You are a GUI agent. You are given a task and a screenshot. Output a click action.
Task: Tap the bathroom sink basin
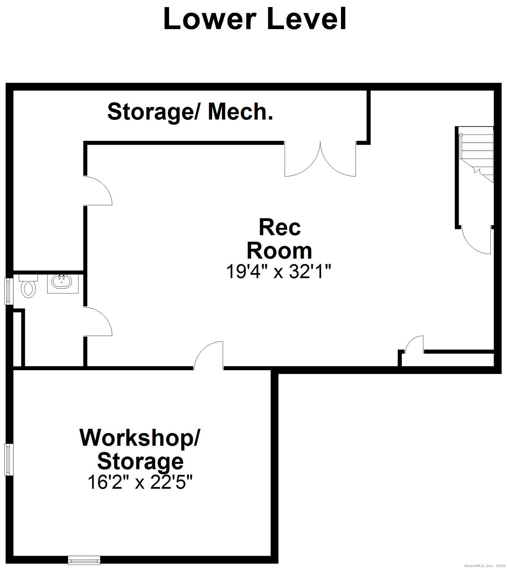[x=61, y=282]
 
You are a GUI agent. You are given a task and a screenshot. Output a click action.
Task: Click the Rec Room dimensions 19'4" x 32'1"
[x=278, y=272]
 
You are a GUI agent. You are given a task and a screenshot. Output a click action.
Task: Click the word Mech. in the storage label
[x=240, y=112]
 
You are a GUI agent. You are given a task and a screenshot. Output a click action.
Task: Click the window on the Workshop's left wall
[x=9, y=460]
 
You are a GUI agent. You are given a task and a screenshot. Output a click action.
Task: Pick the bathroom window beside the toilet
[x=9, y=291]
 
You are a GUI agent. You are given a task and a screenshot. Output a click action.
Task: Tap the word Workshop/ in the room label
[x=140, y=438]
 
